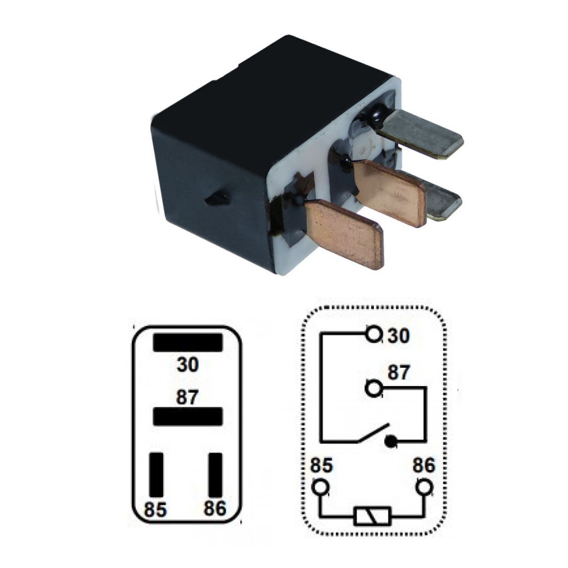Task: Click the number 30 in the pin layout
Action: click(187, 364)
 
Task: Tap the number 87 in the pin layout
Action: click(187, 397)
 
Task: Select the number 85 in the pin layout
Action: click(155, 509)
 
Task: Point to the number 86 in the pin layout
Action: click(215, 508)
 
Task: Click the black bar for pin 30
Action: click(187, 343)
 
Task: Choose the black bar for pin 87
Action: click(187, 417)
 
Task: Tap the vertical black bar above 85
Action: click(156, 475)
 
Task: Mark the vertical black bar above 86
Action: click(216, 475)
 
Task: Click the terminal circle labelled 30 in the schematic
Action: click(373, 333)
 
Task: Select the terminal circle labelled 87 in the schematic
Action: click(373, 389)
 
